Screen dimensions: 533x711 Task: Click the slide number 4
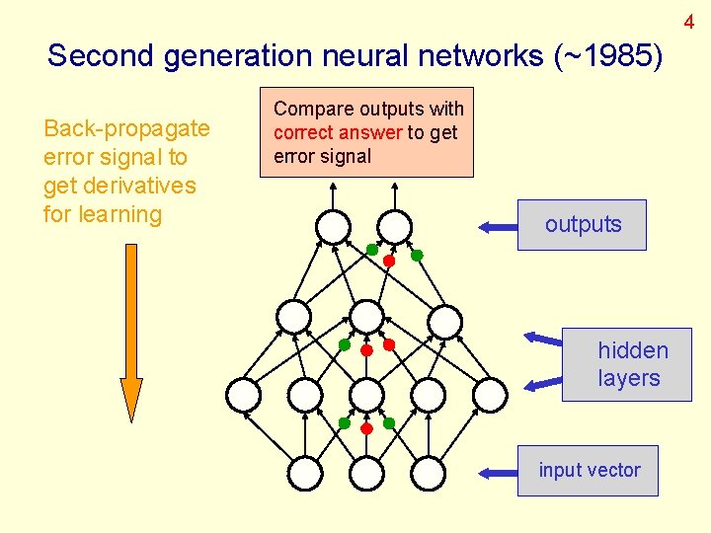(689, 22)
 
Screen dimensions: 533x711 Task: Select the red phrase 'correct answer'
(338, 132)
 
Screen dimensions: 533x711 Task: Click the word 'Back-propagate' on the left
(126, 128)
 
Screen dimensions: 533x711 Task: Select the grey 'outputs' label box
(583, 225)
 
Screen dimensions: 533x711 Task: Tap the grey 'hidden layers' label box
(627, 364)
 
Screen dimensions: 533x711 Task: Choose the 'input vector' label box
(589, 471)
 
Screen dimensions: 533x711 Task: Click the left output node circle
(334, 226)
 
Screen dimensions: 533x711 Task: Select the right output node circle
(394, 226)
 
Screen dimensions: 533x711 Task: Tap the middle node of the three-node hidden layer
(366, 317)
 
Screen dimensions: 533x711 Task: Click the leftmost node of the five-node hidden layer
(243, 395)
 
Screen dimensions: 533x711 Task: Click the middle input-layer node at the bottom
(366, 473)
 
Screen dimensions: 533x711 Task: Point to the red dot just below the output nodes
(389, 262)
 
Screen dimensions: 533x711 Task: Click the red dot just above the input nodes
(366, 429)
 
